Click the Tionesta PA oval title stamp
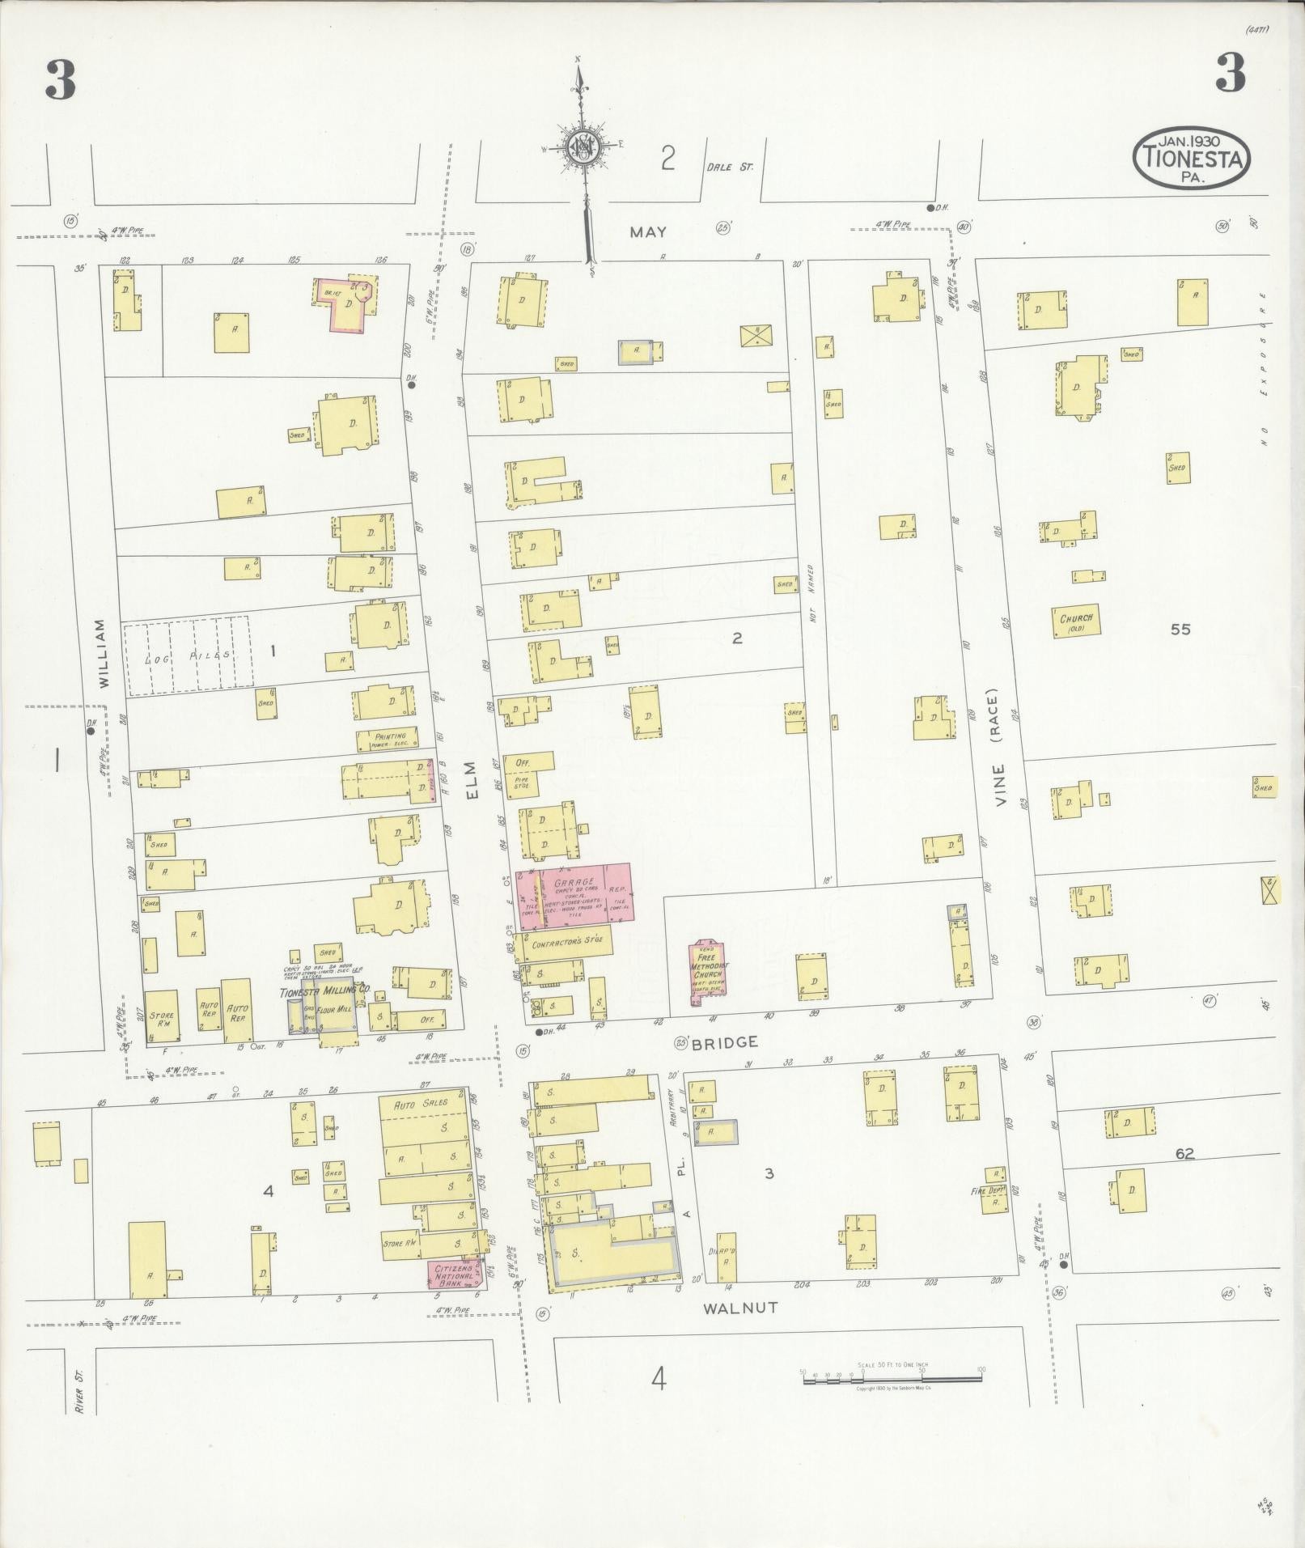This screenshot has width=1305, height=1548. click(x=1191, y=159)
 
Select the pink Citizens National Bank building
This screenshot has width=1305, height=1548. click(x=454, y=1274)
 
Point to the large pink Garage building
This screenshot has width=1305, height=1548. click(x=574, y=893)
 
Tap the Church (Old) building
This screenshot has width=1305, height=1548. click(x=1077, y=621)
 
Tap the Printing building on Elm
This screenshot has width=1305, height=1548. click(x=389, y=738)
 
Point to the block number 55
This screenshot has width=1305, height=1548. click(x=1180, y=629)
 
